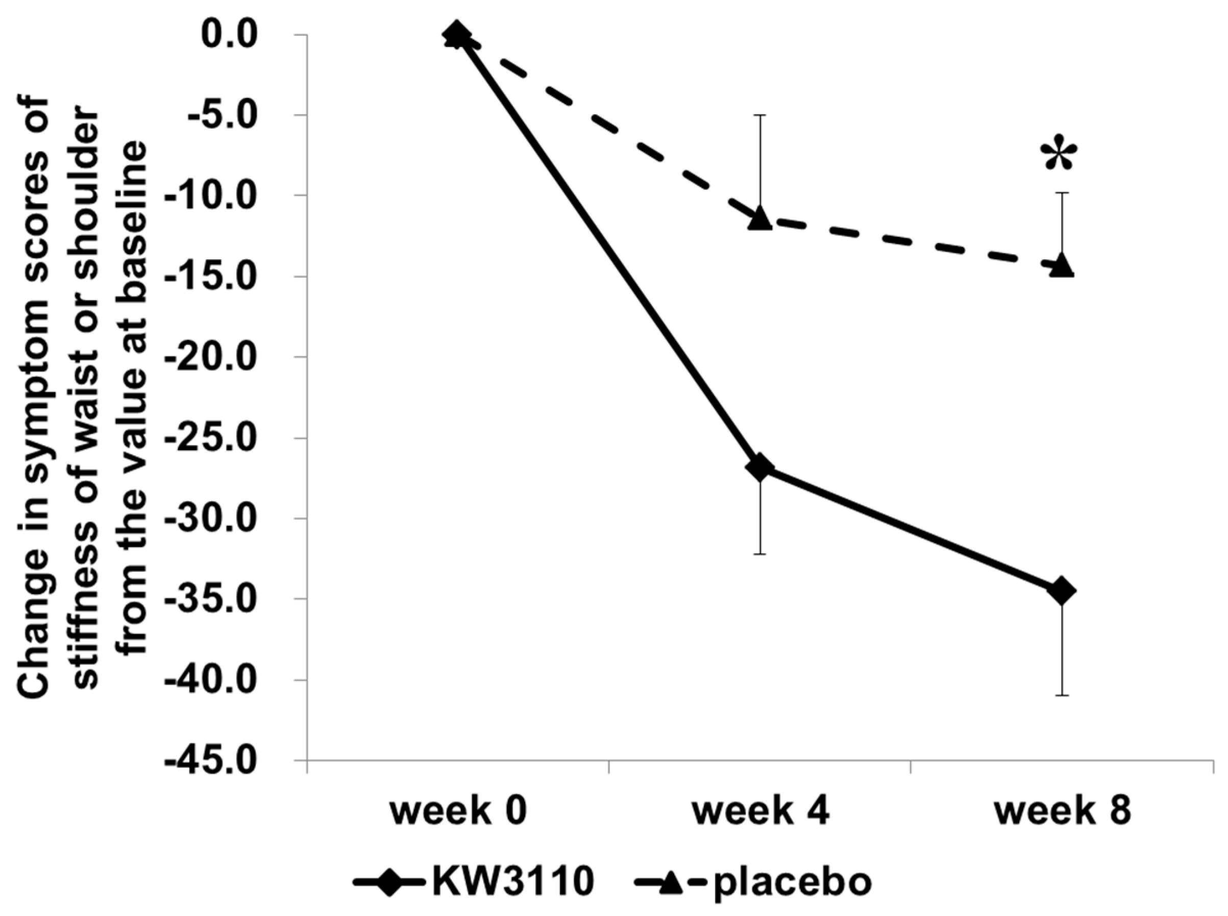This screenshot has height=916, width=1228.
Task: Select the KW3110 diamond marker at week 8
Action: [1062, 590]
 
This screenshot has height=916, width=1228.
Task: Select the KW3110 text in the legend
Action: [513, 883]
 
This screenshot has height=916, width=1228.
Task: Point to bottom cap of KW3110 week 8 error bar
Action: [1062, 695]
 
